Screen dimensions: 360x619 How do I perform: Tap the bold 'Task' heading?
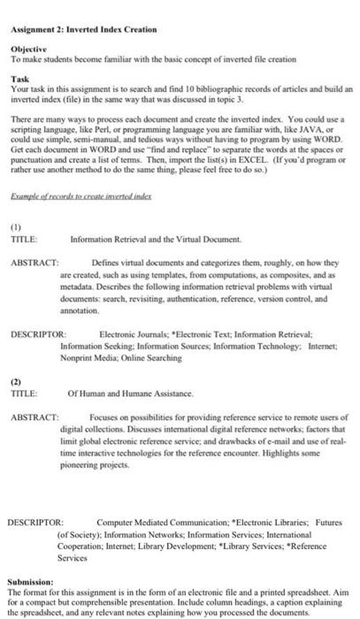pyautogui.click(x=19, y=78)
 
